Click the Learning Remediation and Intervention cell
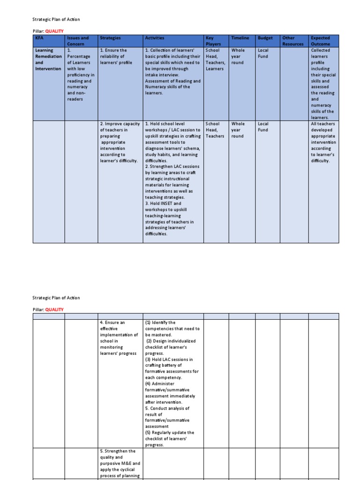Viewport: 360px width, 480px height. [49, 60]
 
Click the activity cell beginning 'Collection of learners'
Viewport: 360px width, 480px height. [173, 72]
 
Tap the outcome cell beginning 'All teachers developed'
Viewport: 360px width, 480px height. [323, 142]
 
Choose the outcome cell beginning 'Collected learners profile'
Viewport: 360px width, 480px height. [323, 84]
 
